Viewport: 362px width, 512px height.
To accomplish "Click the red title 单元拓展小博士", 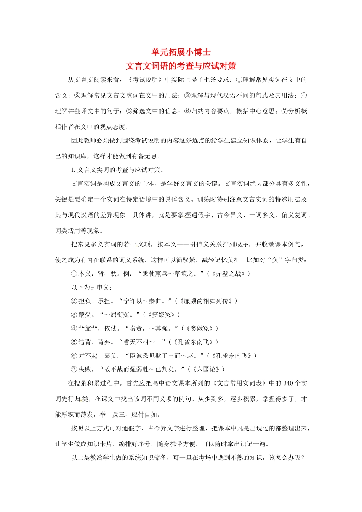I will (181, 52).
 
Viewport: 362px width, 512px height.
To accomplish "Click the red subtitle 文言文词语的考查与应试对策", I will (181, 66).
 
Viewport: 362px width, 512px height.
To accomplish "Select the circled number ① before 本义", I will (74, 274).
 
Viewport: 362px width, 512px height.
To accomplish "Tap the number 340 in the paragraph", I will (288, 383).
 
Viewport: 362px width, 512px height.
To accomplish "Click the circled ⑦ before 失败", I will (74, 370).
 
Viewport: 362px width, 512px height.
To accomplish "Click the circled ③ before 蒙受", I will (74, 315).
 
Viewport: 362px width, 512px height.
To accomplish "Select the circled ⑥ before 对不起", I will (74, 356).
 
